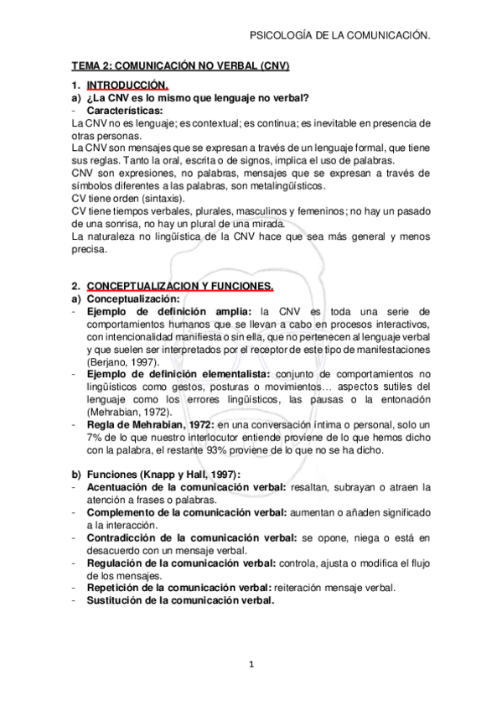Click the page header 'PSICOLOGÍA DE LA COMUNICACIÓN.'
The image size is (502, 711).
(340, 36)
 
